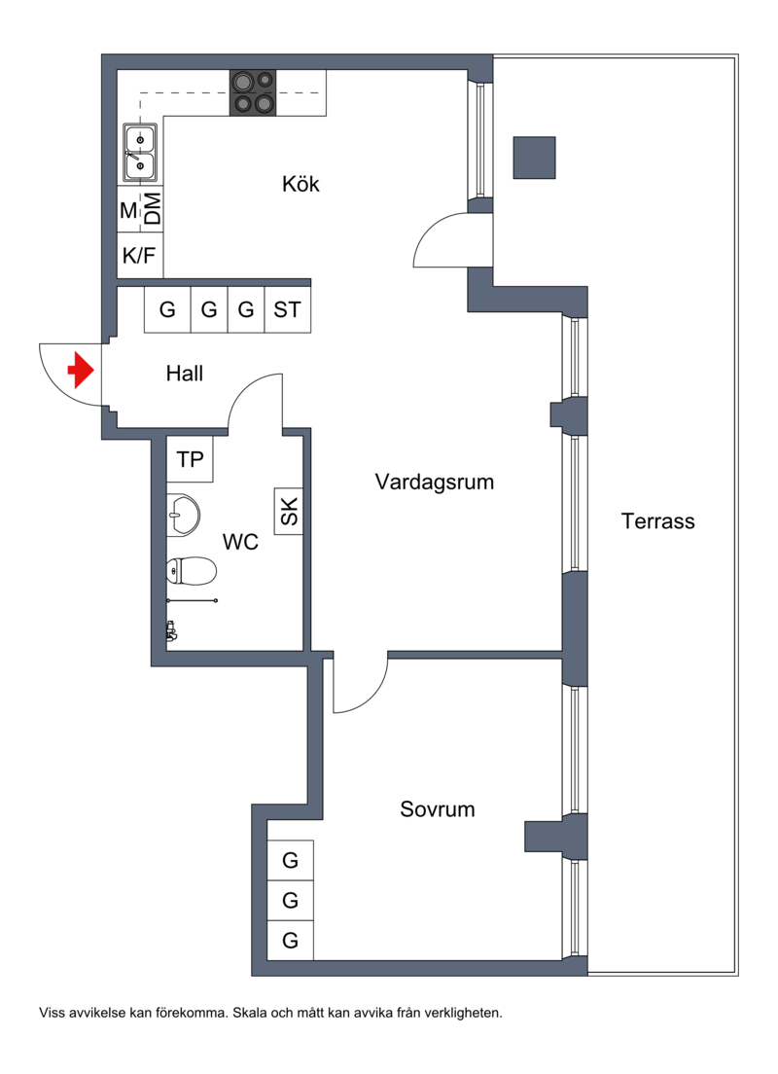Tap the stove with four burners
point(253,93)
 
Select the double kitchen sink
point(140,154)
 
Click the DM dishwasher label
point(153,210)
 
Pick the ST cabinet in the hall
point(287,310)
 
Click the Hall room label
point(184,373)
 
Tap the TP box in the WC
point(190,459)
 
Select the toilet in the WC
point(191,571)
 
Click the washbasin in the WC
point(183,515)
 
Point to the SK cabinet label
point(289,512)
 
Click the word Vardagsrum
point(435,482)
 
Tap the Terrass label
point(658,520)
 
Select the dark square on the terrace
point(534,158)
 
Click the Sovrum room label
point(438,809)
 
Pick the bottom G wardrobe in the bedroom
point(290,941)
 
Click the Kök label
point(301,184)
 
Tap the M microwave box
point(128,211)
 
